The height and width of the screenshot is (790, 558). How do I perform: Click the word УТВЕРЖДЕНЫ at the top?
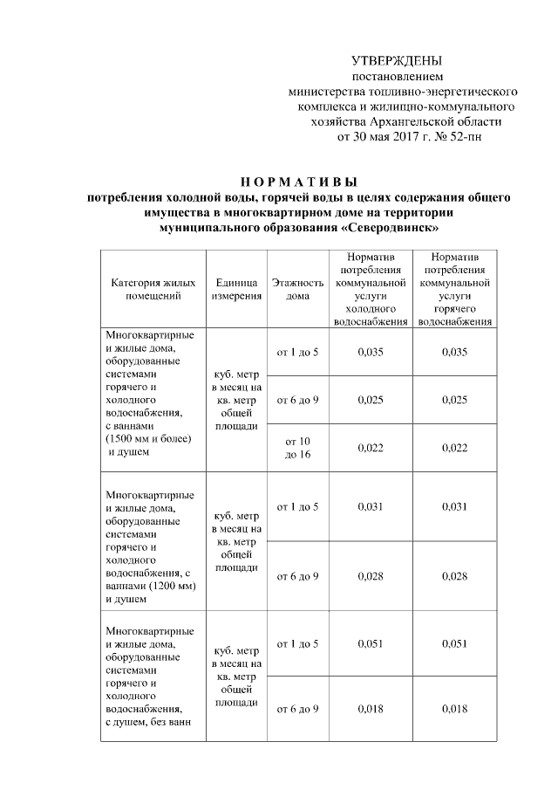[397, 61]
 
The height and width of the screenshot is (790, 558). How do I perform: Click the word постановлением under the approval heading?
[397, 77]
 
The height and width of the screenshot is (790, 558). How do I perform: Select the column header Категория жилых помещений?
[152, 290]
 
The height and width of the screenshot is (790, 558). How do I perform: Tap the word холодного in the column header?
[371, 309]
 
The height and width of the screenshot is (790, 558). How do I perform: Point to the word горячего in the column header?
[454, 309]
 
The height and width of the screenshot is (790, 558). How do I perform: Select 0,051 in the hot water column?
[454, 643]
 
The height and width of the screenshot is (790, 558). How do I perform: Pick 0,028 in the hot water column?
[454, 576]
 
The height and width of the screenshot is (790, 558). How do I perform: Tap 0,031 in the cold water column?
[371, 507]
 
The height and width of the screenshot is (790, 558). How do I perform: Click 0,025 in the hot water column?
[454, 400]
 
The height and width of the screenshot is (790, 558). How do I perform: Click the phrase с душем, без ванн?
[147, 722]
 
